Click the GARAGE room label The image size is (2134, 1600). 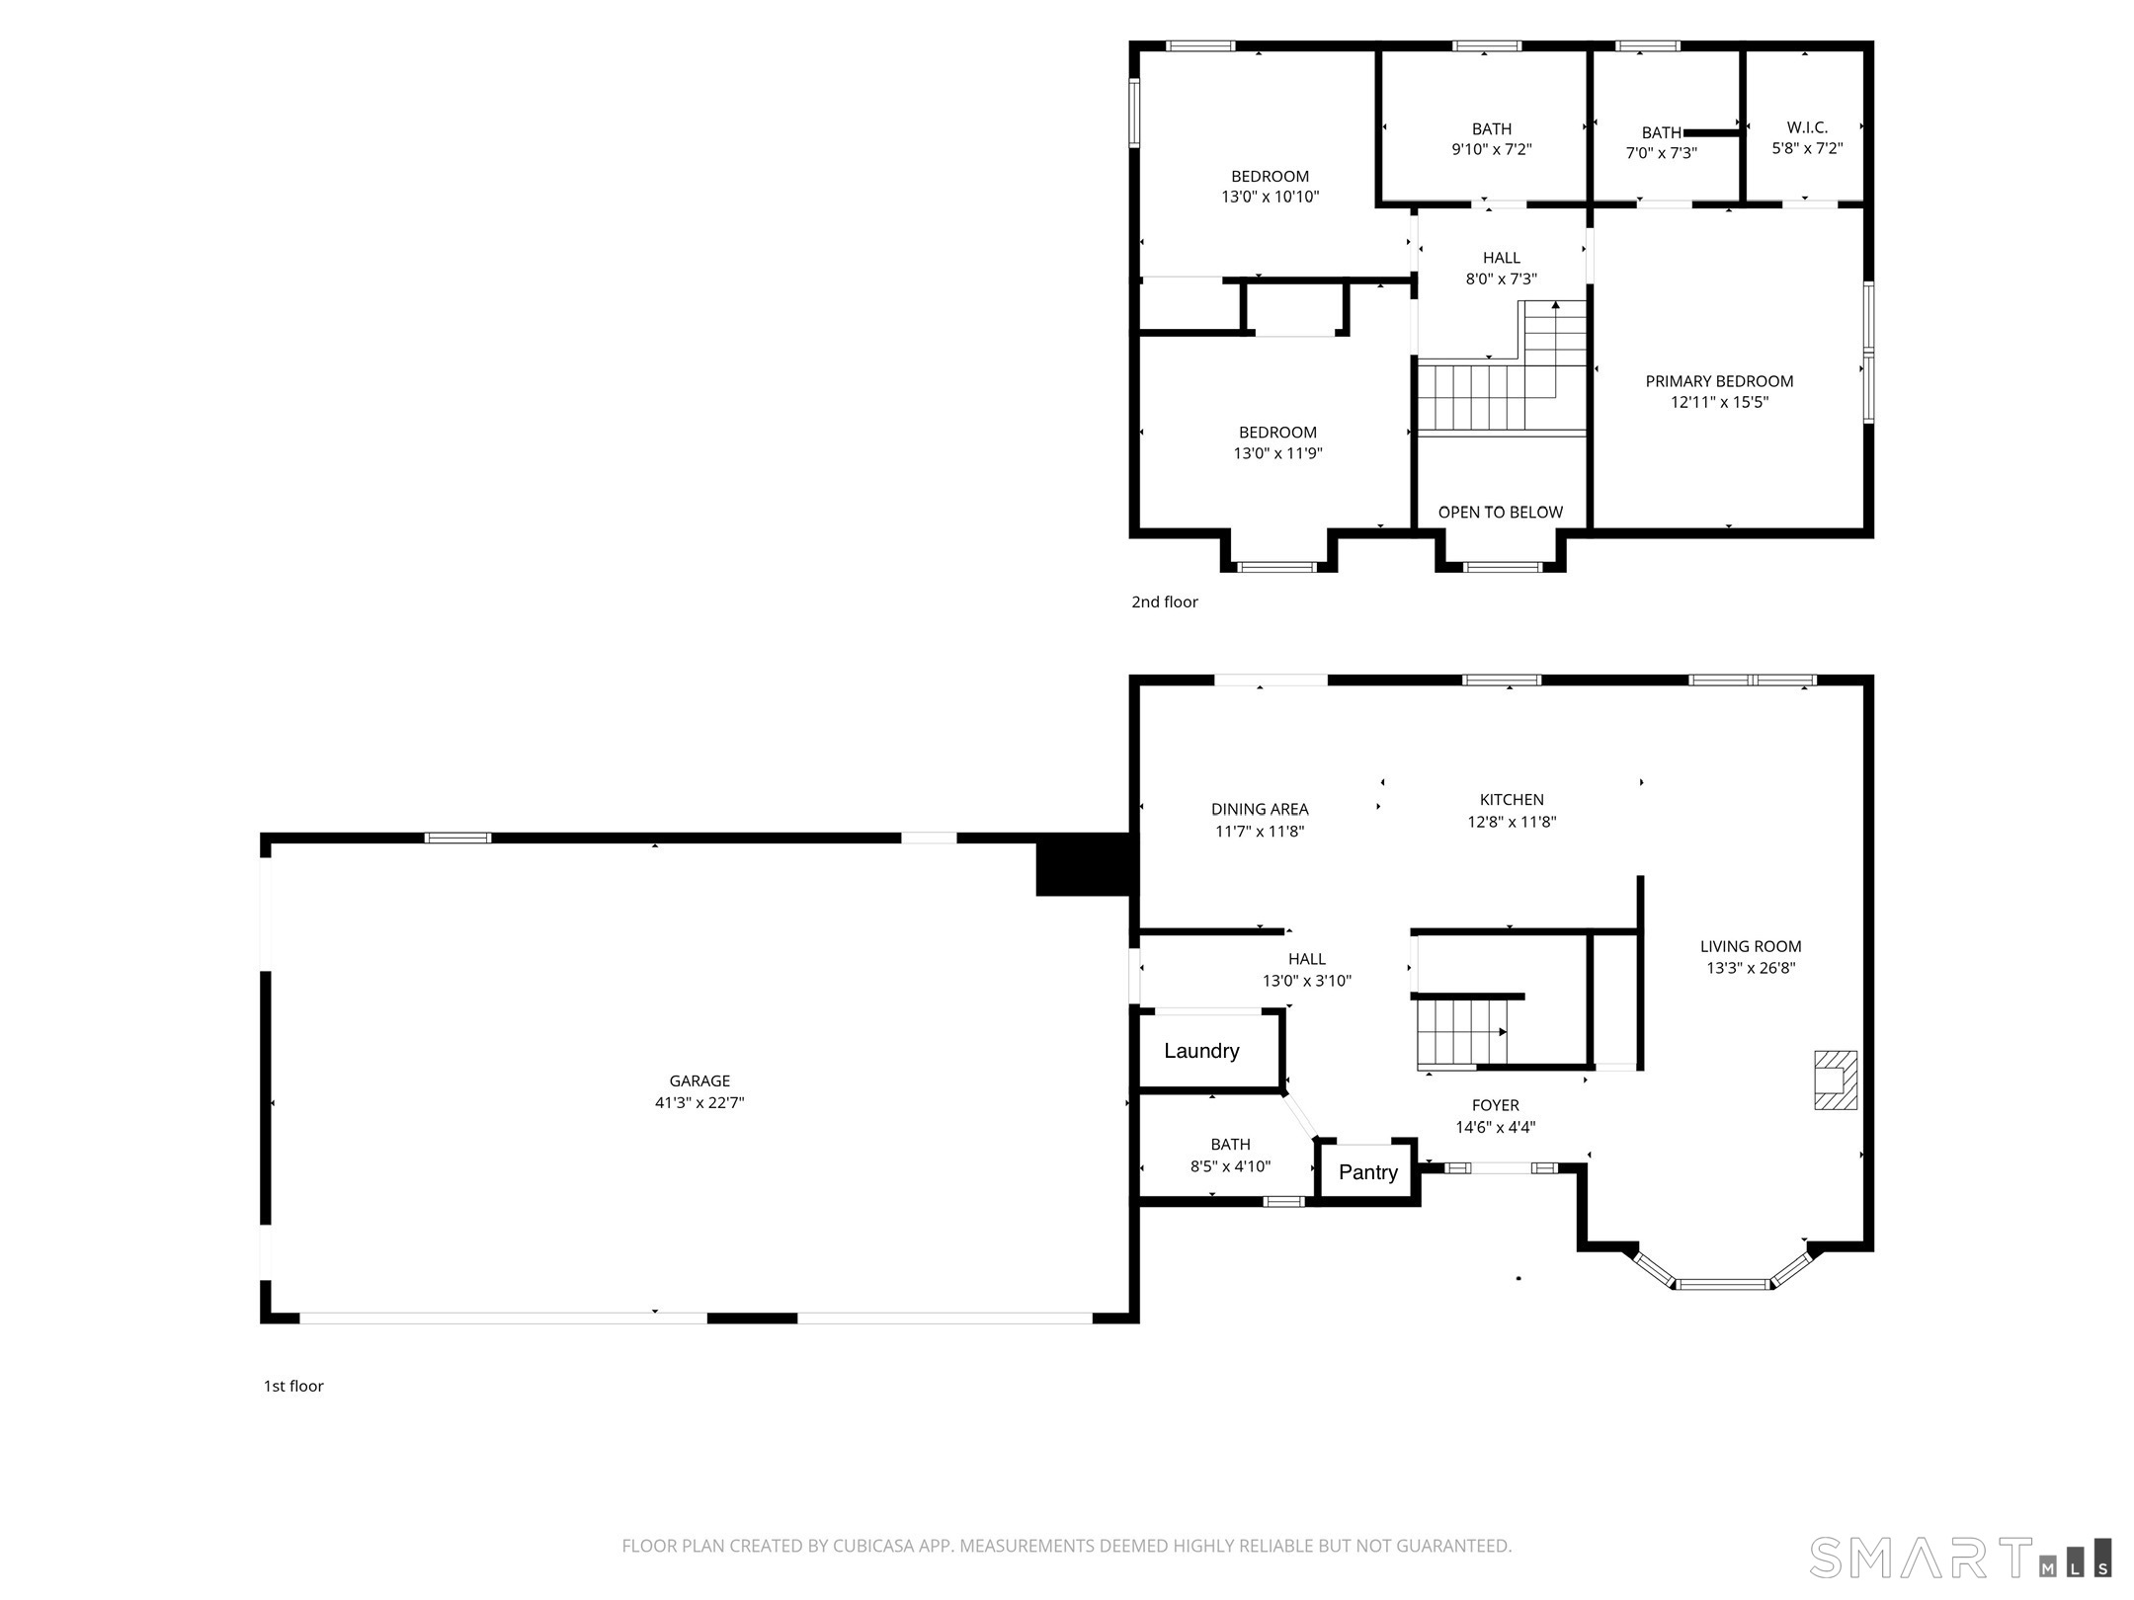699,1081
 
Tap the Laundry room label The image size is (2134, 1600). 1201,1051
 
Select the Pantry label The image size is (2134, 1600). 1368,1172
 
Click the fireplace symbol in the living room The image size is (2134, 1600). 1836,1080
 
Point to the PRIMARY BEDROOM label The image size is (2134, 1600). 1719,381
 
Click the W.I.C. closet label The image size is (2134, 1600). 1807,127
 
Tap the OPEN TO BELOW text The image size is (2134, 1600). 1501,513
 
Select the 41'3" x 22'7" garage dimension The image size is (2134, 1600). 699,1103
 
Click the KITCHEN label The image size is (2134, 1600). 1512,800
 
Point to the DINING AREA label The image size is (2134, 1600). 1260,810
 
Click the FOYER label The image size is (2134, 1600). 1496,1106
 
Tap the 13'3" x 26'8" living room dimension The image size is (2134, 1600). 1751,968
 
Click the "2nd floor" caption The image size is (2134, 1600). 1165,601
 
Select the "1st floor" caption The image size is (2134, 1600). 293,1386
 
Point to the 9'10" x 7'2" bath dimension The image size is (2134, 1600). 1492,150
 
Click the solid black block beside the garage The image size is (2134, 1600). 1085,865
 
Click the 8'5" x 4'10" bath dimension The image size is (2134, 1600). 1230,1166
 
